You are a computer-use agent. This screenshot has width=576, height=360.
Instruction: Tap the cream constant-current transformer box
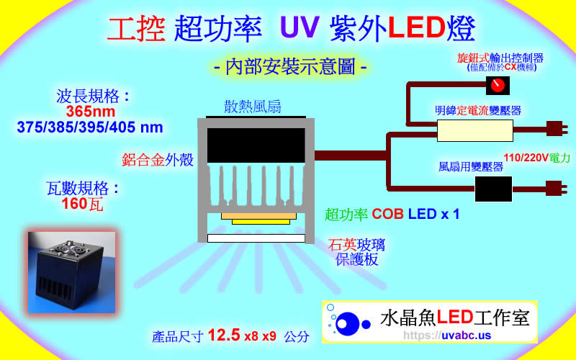(475, 130)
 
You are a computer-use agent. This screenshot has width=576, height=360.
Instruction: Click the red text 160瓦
(82, 204)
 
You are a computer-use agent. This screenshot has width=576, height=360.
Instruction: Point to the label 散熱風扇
(252, 107)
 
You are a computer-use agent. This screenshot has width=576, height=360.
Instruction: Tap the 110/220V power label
(536, 157)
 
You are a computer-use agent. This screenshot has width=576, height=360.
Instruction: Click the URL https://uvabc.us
(447, 336)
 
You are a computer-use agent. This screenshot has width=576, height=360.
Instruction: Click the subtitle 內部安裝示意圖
(292, 67)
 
